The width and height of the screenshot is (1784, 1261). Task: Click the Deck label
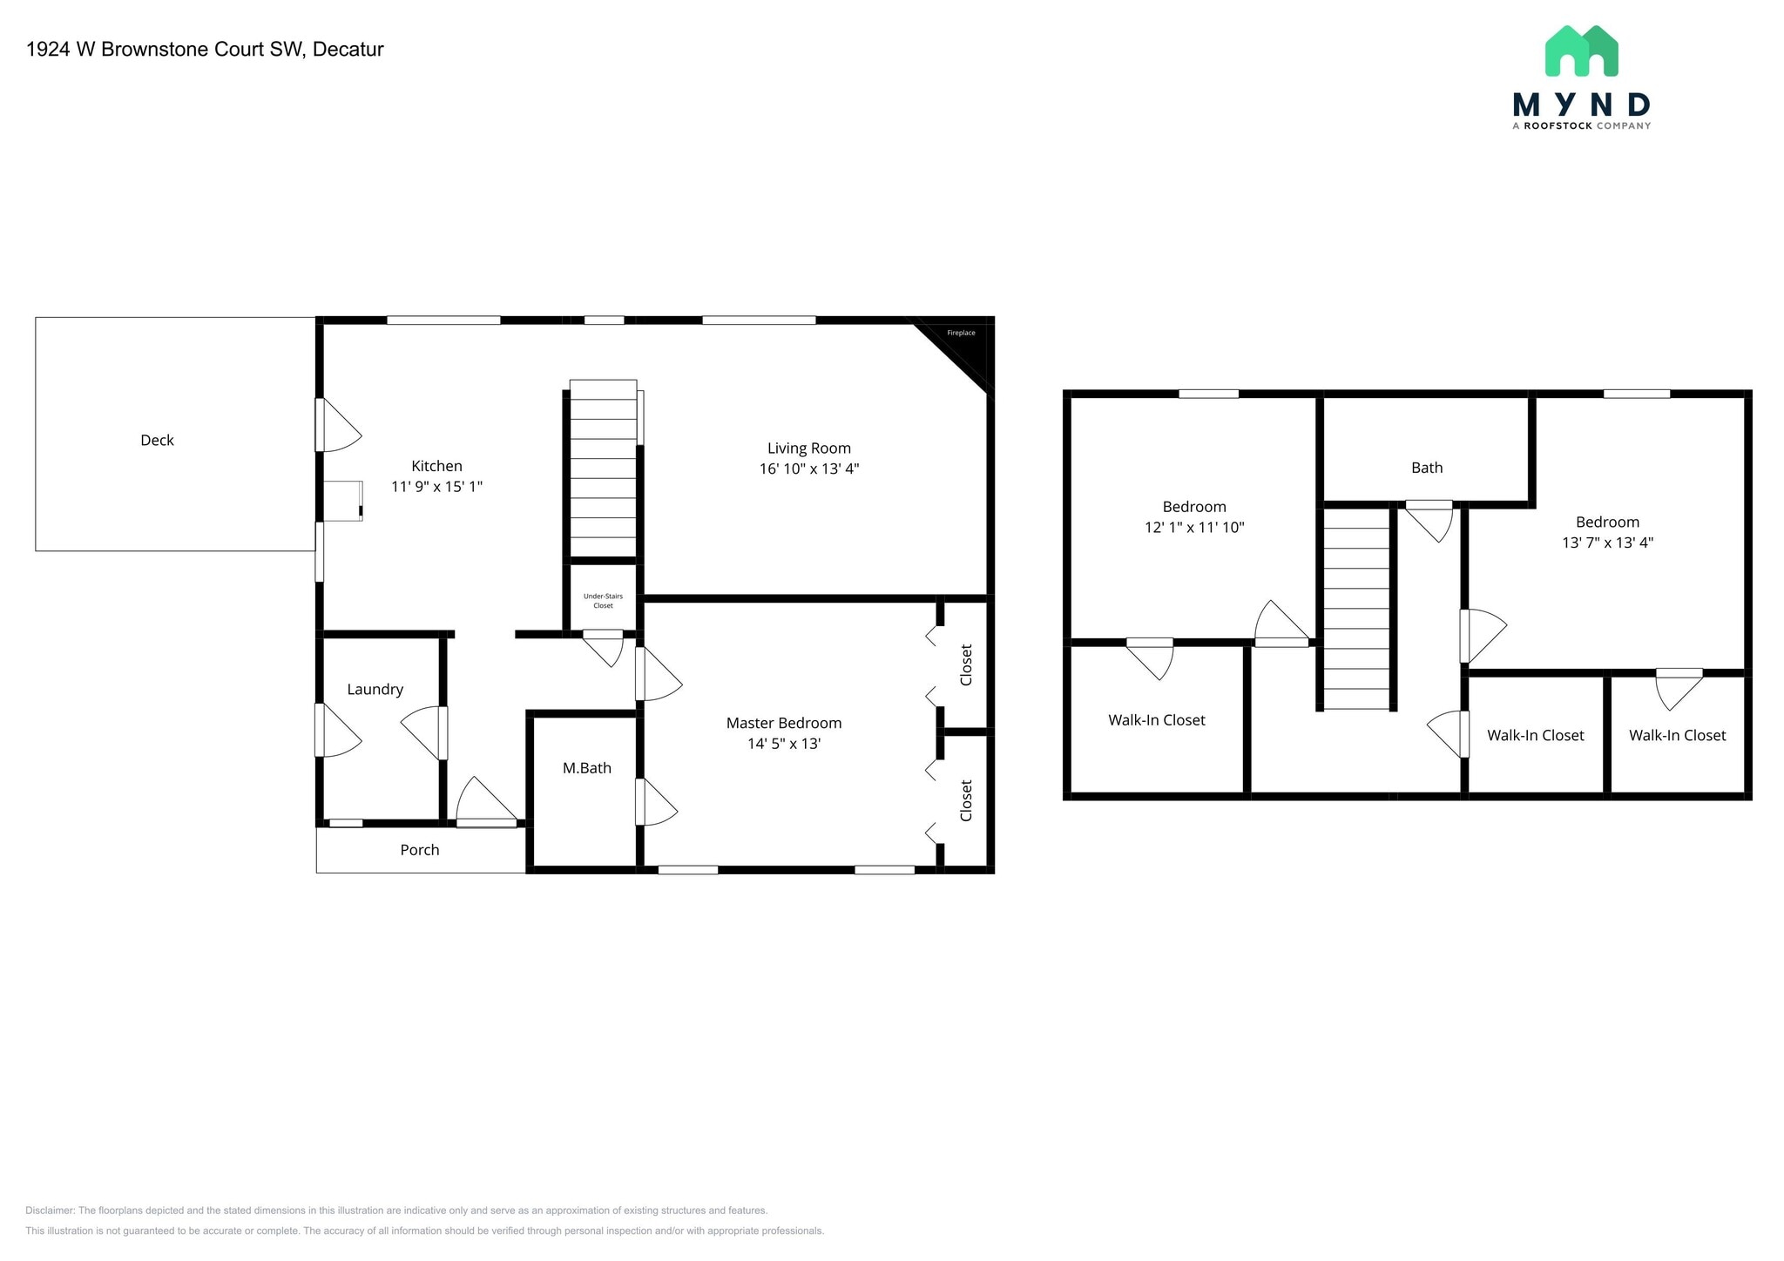point(157,441)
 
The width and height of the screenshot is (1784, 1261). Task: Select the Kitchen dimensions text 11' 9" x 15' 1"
point(436,487)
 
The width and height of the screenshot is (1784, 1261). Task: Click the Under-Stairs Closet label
point(603,601)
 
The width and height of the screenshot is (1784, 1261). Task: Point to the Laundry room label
point(375,690)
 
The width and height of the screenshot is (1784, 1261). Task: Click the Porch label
point(419,850)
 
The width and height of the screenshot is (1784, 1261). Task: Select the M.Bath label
point(586,768)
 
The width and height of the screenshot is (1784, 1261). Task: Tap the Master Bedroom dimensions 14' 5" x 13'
point(783,744)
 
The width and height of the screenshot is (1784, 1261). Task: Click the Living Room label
point(808,448)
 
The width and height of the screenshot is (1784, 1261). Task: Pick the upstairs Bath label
point(1426,468)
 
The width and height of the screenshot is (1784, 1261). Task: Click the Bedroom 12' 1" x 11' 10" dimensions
point(1193,528)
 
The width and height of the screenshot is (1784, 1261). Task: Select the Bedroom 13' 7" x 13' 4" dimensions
point(1607,543)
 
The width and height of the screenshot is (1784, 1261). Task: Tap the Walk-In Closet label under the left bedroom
point(1156,720)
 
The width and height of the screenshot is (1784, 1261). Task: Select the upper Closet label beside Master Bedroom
point(965,665)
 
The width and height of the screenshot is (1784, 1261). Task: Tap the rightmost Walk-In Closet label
point(1677,736)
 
